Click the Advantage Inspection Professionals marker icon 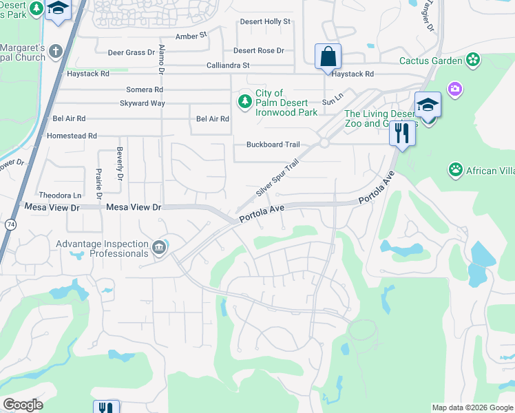(159, 247)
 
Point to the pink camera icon (454, 88)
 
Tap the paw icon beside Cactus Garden (472, 61)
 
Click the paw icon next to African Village (455, 169)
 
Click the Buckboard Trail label (273, 145)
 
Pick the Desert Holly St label (265, 21)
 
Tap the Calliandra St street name (228, 65)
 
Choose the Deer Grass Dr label (132, 52)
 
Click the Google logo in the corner (23, 405)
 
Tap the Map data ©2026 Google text (472, 407)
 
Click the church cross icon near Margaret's (56, 51)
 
